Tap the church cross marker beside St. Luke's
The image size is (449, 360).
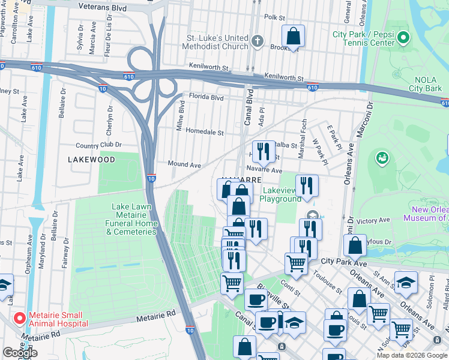[258, 41]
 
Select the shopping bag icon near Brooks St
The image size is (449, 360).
[294, 37]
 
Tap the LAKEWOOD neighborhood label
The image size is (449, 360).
[91, 160]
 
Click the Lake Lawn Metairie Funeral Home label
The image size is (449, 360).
[135, 219]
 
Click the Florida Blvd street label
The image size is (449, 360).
[206, 97]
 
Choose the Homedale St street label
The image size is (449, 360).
[204, 132]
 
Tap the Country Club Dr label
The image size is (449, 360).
[98, 145]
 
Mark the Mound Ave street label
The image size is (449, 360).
[184, 164]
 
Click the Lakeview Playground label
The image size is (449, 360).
[280, 194]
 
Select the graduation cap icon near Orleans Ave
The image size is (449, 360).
[406, 283]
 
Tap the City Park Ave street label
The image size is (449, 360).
[343, 262]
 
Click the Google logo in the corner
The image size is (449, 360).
[20, 353]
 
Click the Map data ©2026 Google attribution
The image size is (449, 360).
[411, 355]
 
